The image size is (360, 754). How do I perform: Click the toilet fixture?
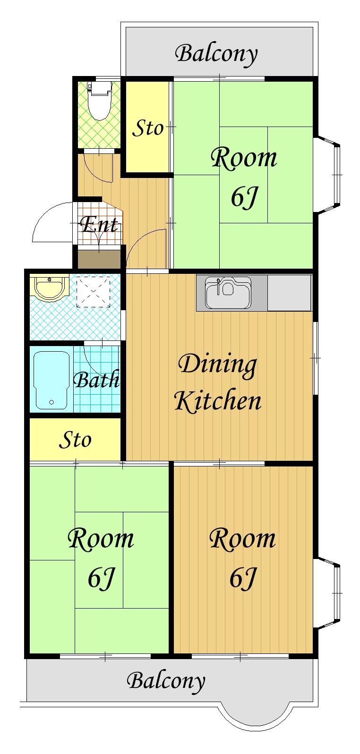(x=99, y=100)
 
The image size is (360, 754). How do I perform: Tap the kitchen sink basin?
(x=228, y=293)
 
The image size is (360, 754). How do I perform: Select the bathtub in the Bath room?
(x=51, y=380)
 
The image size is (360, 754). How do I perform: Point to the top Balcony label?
(x=216, y=54)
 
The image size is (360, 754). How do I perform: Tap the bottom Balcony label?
(x=166, y=681)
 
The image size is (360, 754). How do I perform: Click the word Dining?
(x=217, y=365)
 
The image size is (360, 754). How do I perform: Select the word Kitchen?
(x=217, y=400)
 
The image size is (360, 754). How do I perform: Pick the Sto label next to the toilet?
(x=148, y=128)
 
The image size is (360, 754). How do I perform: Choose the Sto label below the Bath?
(x=75, y=440)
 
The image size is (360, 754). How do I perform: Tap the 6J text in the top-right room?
(x=244, y=197)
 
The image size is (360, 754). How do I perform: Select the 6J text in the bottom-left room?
(x=102, y=577)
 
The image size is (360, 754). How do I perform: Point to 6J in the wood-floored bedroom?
(x=243, y=577)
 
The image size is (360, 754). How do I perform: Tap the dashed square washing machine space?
(x=93, y=290)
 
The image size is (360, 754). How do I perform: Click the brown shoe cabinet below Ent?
(x=99, y=259)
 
